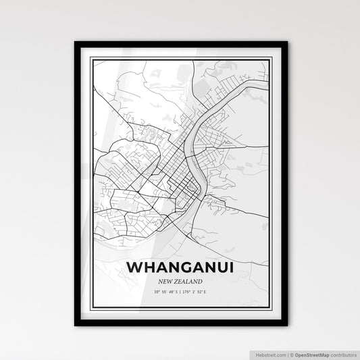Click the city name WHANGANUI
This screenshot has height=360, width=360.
click(180, 267)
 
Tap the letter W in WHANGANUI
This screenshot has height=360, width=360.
click(133, 267)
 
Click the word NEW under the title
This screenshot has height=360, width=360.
click(164, 281)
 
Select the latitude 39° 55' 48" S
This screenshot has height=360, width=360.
click(165, 292)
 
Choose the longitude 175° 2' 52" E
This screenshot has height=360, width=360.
click(195, 292)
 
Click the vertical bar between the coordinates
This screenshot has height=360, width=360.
click(180, 292)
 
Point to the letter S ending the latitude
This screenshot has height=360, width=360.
click(176, 292)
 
